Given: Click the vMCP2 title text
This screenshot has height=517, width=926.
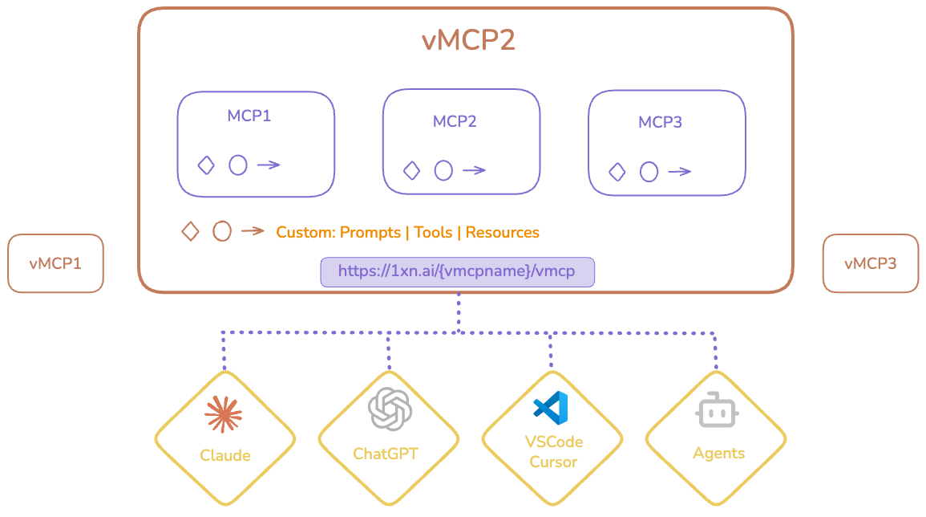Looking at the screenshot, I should pyautogui.click(x=468, y=41).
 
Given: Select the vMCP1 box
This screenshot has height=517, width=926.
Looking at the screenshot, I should pyautogui.click(x=55, y=263).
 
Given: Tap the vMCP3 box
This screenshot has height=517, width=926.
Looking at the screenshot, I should pyautogui.click(x=870, y=263).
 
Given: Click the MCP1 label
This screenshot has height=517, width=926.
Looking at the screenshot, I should pyautogui.click(x=249, y=116).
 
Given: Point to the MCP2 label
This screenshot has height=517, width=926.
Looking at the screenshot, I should pyautogui.click(x=455, y=121).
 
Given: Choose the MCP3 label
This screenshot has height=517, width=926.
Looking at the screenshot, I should pyautogui.click(x=660, y=122).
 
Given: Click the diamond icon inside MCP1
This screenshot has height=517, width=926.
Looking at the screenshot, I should pyautogui.click(x=206, y=165).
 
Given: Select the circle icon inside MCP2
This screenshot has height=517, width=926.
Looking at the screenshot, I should pyautogui.click(x=443, y=170).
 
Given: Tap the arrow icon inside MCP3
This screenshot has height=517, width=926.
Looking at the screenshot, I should pyautogui.click(x=679, y=172).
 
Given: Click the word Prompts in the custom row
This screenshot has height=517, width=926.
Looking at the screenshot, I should pyautogui.click(x=370, y=233).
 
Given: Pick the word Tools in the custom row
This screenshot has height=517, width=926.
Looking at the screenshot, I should pyautogui.click(x=433, y=233).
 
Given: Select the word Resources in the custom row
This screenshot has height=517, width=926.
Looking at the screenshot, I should pyautogui.click(x=503, y=233).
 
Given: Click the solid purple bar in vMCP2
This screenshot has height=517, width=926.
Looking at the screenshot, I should pyautogui.click(x=457, y=272).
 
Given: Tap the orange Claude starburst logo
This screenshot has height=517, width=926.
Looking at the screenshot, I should pyautogui.click(x=224, y=413).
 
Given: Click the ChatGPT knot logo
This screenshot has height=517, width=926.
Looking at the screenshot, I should pyautogui.click(x=389, y=409).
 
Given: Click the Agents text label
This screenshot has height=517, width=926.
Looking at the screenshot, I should pyautogui.click(x=718, y=454).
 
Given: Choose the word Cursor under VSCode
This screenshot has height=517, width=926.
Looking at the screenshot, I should pyautogui.click(x=553, y=462).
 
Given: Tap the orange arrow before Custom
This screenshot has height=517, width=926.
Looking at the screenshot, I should pyautogui.click(x=253, y=231).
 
